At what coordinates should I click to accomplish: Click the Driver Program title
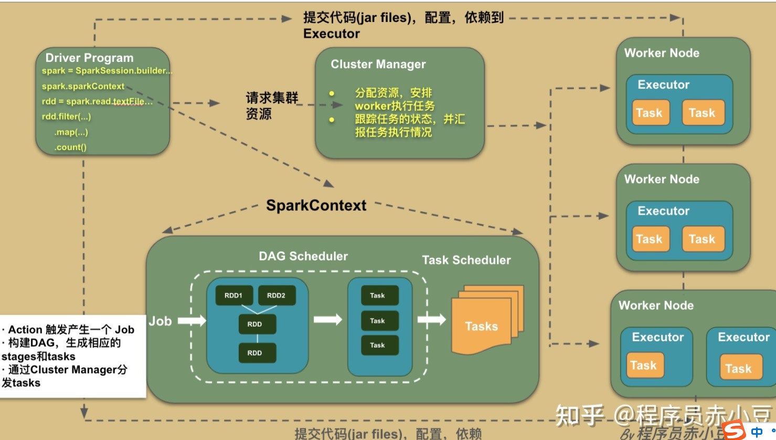pos(89,58)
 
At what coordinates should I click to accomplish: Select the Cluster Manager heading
pos(378,64)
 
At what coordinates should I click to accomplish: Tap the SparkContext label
pos(316,205)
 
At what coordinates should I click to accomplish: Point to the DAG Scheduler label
pos(303,256)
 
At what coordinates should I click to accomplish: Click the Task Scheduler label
pos(466,260)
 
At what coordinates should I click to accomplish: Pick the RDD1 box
pos(233,296)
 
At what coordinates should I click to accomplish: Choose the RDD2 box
pos(276,296)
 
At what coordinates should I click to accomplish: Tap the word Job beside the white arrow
pos(160,321)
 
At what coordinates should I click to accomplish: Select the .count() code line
pos(70,147)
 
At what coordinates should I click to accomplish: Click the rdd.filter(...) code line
pos(66,117)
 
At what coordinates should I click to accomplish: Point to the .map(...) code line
pos(71,132)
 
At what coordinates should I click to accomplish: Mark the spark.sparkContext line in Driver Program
pos(83,86)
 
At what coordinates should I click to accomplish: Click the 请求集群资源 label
pos(271,106)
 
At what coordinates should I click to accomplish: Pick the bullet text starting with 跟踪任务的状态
pos(409,125)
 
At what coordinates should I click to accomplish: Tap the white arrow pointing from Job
pos(192,320)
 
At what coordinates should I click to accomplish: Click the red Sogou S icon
pos(734,431)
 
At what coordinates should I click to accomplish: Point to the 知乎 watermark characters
pos(579,416)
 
